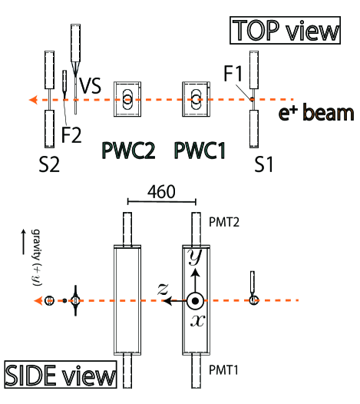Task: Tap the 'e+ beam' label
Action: (316, 114)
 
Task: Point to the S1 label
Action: (265, 164)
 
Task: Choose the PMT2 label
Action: (229, 220)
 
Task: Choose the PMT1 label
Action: (229, 370)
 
